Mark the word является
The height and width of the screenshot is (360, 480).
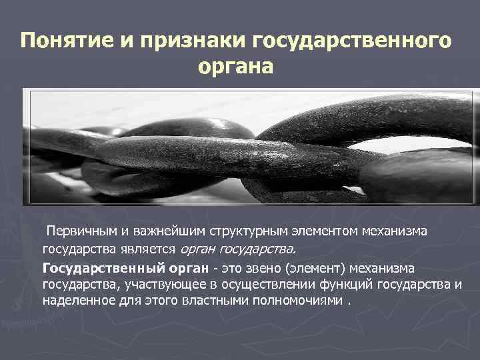point(143,249)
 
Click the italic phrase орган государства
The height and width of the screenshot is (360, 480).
point(236,249)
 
